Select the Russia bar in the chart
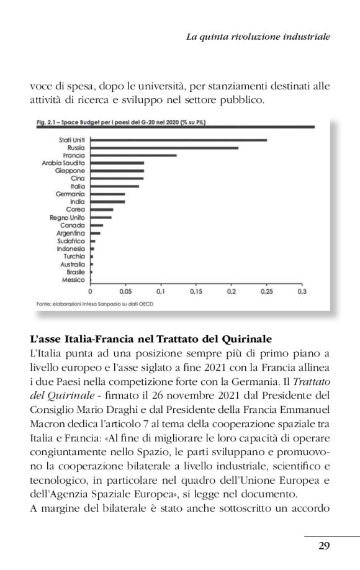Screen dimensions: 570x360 pyautogui.click(x=164, y=148)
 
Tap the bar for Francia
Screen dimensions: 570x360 pyautogui.click(x=133, y=155)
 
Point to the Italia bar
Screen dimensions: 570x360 pyautogui.click(x=114, y=186)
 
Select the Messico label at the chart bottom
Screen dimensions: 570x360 pyautogui.click(x=73, y=279)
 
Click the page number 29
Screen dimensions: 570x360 pyautogui.click(x=323, y=546)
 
